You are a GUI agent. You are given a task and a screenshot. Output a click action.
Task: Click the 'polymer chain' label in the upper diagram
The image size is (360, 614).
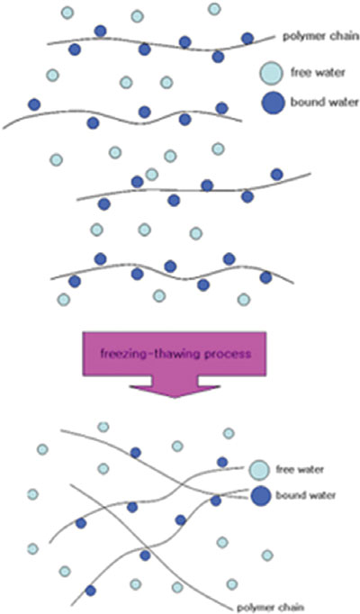pyautogui.click(x=320, y=37)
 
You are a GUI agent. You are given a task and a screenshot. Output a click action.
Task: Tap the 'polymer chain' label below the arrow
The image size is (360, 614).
pyautogui.click(x=270, y=608)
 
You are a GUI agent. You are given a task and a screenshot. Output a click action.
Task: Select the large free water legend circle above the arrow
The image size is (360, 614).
pyautogui.click(x=271, y=74)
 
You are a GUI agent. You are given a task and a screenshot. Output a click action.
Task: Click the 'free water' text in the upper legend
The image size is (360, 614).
pyautogui.click(x=318, y=72)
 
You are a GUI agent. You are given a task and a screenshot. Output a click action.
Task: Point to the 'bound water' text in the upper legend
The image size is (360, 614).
pyautogui.click(x=324, y=102)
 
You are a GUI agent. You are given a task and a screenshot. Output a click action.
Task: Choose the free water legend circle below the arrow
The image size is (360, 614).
pyautogui.click(x=259, y=470)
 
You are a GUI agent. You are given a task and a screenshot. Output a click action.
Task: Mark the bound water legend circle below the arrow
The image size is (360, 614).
pyautogui.click(x=261, y=496)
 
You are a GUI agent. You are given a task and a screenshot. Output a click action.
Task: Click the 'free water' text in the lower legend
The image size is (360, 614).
pyautogui.click(x=300, y=469)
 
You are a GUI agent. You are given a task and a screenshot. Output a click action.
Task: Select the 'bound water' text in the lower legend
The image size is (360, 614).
pyautogui.click(x=306, y=495)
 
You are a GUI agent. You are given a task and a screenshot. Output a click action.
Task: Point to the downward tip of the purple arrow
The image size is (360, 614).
pyautogui.click(x=175, y=397)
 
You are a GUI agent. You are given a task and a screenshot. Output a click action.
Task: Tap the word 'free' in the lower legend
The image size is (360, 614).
pyautogui.click(x=284, y=469)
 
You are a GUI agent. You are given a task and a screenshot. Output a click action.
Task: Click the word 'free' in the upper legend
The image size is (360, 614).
pyautogui.click(x=300, y=72)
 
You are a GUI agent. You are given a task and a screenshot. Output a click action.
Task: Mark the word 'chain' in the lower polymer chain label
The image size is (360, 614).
pyautogui.click(x=290, y=608)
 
